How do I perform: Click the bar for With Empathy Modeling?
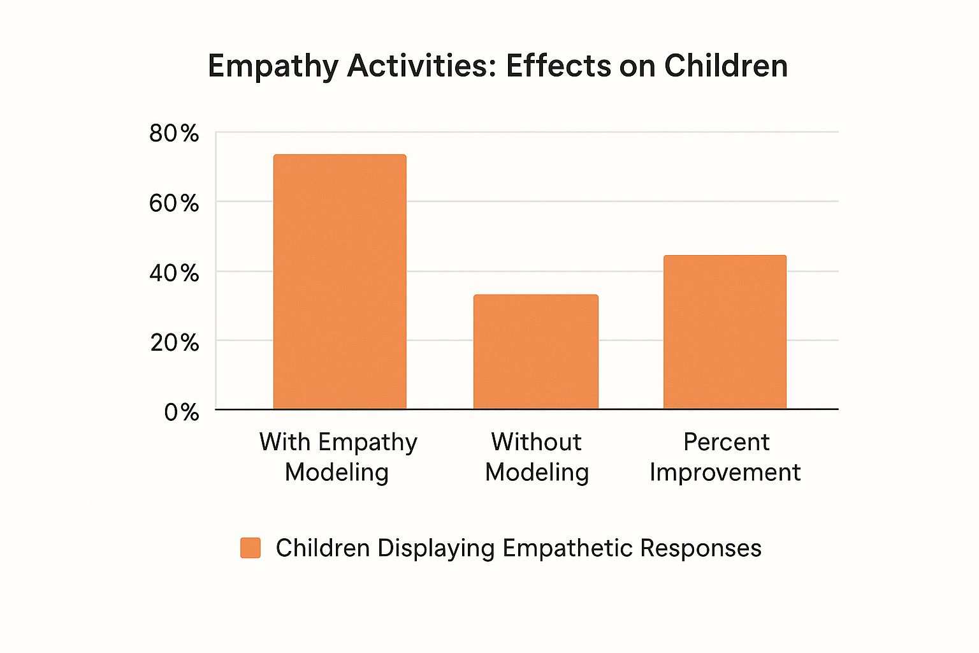tap(340, 281)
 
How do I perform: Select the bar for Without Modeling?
tap(535, 351)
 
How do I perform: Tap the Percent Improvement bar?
tap(725, 332)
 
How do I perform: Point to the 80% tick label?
tap(174, 133)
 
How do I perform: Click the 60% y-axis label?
tap(174, 203)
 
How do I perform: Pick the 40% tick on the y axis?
tap(174, 273)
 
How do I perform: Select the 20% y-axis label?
tap(174, 342)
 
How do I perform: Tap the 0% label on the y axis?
tap(181, 412)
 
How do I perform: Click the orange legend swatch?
tap(250, 548)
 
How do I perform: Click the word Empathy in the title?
tap(273, 66)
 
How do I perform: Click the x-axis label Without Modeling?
tap(537, 457)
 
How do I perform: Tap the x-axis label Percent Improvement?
tap(725, 457)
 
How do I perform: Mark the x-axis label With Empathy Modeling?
tap(338, 457)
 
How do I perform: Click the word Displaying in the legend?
tap(435, 548)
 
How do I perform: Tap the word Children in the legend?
tap(323, 548)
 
